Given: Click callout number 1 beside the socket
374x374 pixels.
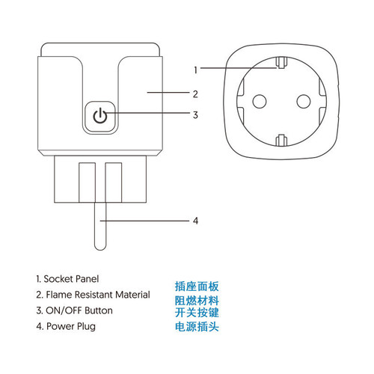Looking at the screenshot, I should pos(195,70).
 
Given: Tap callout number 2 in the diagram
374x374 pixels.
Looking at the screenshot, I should pos(195,93).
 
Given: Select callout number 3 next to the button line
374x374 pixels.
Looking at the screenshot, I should pos(195,115).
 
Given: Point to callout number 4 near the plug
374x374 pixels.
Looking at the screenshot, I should pos(195,221).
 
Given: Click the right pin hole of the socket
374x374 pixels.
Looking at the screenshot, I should pos(304,99).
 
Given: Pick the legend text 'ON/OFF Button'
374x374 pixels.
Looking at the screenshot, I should pos(74,310).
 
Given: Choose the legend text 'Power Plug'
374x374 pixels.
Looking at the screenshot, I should pos(65,326).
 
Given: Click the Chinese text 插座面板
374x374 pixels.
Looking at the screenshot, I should pos(197,286).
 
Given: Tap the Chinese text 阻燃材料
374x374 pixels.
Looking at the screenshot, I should pos(197,301).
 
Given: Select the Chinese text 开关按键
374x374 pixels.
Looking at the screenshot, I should pos(197,313).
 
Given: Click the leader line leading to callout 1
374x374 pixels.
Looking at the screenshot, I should pos(239,70).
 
